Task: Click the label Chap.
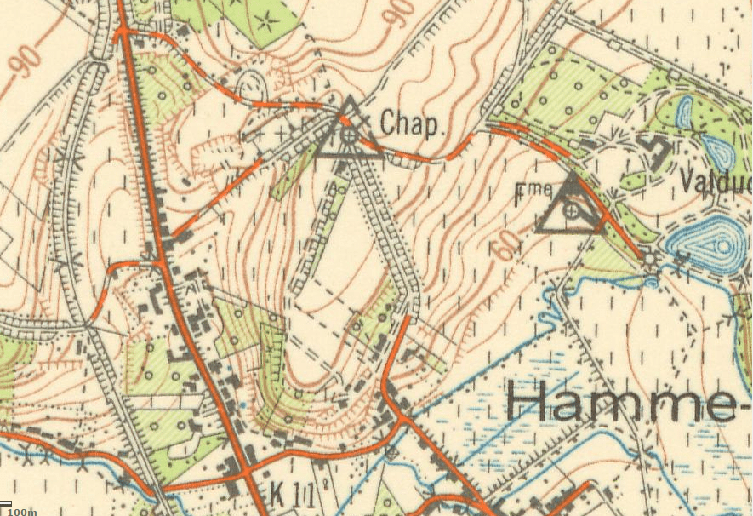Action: [413, 125]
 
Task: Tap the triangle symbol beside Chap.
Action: [349, 132]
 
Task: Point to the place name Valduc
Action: [716, 181]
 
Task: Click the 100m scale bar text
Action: [23, 511]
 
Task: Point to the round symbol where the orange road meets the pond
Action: [651, 257]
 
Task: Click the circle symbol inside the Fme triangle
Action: [572, 209]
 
